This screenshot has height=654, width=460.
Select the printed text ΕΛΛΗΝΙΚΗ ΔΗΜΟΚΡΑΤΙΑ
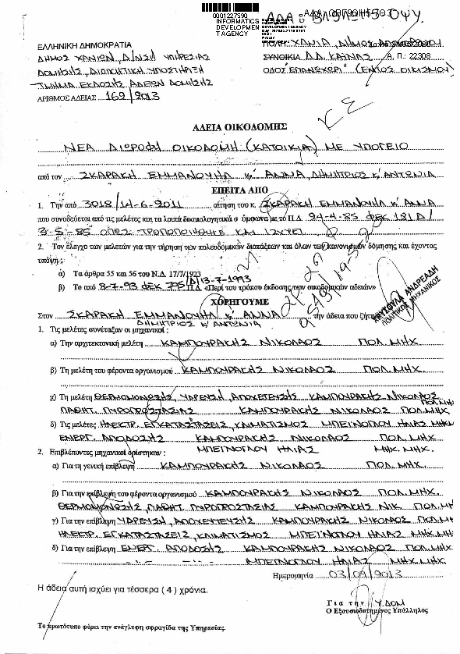coord(67,45)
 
